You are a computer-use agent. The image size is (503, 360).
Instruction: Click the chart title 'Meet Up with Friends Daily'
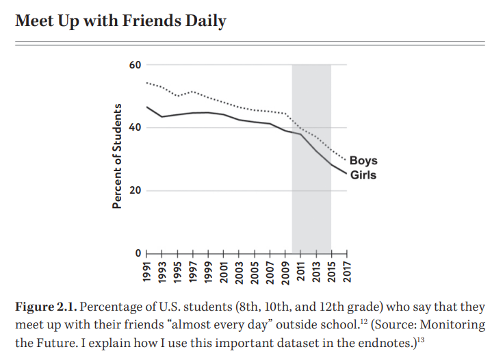[x=120, y=21]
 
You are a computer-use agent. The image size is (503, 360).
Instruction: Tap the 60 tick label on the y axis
[x=134, y=65]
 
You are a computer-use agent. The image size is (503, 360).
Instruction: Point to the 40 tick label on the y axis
[x=134, y=128]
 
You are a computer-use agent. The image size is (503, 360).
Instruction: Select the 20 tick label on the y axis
[x=134, y=190]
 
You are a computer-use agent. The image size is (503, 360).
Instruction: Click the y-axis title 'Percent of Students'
[x=118, y=157]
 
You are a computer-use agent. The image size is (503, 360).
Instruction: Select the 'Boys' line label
[x=363, y=162]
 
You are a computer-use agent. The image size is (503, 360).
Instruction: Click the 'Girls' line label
[x=363, y=175]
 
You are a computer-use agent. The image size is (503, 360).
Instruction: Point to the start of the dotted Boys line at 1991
[x=147, y=83]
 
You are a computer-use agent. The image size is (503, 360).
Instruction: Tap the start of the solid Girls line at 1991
[x=147, y=107]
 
